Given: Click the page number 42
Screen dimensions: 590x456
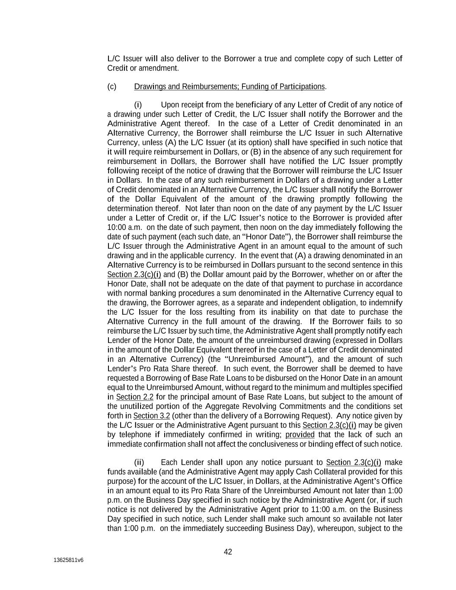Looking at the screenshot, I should [228, 552].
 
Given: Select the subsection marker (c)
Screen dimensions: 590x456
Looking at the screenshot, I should [112, 87].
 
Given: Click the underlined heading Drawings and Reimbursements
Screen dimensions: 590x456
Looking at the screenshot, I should [185, 87].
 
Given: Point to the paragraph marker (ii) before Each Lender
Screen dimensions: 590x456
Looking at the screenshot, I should [139, 462].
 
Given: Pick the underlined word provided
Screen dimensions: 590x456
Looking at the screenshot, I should [300, 435].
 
